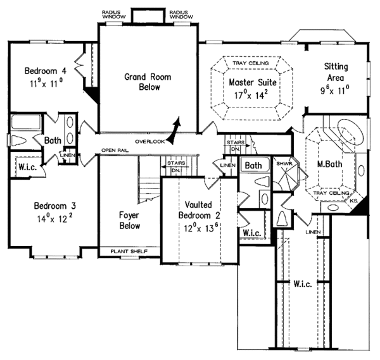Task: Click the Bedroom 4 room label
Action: tap(45, 70)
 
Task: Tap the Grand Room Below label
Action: tap(143, 82)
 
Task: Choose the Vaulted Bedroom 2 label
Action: tap(198, 211)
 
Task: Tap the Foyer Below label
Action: tap(129, 220)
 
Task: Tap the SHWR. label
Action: tap(282, 163)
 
